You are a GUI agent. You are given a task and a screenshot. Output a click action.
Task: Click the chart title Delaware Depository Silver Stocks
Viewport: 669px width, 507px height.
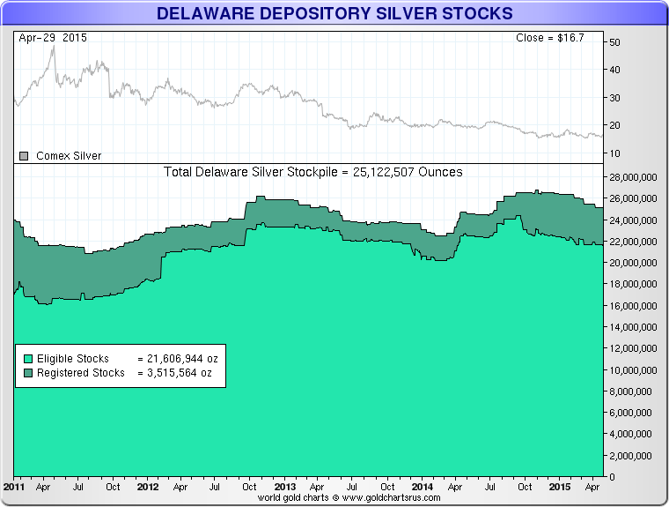pos(334,14)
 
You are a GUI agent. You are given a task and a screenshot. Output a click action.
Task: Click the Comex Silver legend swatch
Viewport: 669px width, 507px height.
pos(25,156)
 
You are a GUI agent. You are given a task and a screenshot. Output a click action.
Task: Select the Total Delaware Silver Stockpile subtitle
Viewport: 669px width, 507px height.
pos(313,172)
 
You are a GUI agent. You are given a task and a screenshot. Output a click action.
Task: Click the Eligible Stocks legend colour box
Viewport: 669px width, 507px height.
pos(28,359)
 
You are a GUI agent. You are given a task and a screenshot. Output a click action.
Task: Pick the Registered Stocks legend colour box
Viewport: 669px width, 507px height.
pos(28,373)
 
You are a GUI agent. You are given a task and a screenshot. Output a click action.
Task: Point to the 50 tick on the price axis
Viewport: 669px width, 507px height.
pos(614,42)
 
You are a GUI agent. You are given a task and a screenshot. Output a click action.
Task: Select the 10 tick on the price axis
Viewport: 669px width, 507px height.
pos(614,153)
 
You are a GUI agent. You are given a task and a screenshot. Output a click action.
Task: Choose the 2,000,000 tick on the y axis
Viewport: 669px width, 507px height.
pos(638,456)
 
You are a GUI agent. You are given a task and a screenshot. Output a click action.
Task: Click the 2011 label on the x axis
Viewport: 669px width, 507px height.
pos(14,487)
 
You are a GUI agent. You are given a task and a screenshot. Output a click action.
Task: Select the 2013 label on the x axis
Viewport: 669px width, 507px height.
pos(285,487)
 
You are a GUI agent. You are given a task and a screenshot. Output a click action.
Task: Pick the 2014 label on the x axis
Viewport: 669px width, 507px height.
pos(422,487)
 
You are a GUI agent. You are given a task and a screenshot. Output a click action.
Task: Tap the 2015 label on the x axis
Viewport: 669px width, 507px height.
pos(558,487)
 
